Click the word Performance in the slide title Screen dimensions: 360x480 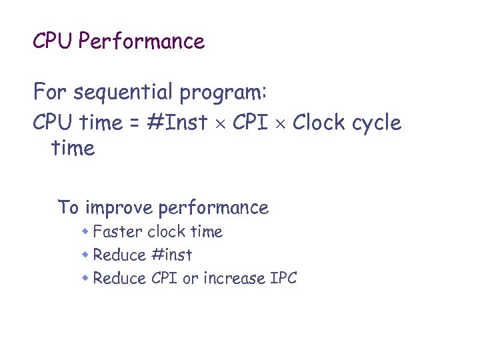click(141, 42)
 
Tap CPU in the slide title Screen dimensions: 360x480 click(53, 42)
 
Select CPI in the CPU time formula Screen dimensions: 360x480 click(250, 123)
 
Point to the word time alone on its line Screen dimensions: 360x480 click(73, 148)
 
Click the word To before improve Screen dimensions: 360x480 click(68, 207)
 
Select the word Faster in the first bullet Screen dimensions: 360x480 click(118, 232)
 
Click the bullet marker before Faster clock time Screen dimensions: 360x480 click(86, 232)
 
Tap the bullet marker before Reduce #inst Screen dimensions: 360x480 click(86, 255)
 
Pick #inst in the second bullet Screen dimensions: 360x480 click(171, 255)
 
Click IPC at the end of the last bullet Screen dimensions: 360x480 click(283, 278)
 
